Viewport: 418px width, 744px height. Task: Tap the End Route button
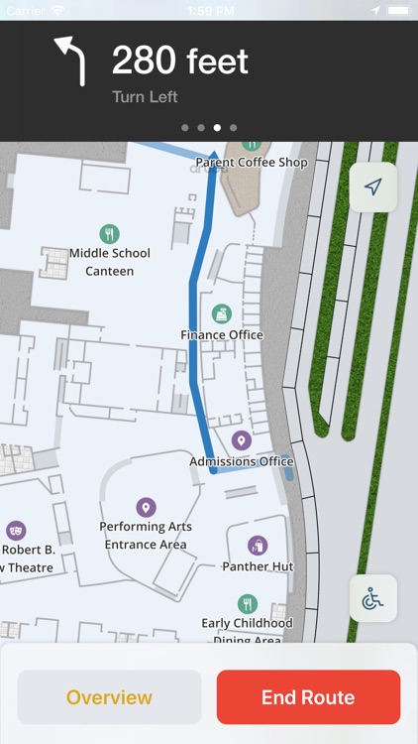pyautogui.click(x=308, y=697)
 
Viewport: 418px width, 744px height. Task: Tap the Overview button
pyautogui.click(x=109, y=697)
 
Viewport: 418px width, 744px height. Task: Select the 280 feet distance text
pyautogui.click(x=179, y=62)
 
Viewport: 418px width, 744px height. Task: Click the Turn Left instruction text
pyautogui.click(x=145, y=97)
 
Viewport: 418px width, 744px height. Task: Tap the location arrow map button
pyautogui.click(x=373, y=186)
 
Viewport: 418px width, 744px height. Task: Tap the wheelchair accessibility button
pyautogui.click(x=373, y=599)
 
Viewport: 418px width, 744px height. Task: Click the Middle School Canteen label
pyautogui.click(x=110, y=262)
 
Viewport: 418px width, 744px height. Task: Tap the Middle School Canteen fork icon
pyautogui.click(x=110, y=234)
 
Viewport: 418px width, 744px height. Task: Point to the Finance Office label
pyautogui.click(x=222, y=335)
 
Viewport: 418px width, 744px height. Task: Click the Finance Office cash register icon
pyautogui.click(x=222, y=314)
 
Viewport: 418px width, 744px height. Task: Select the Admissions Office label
pyautogui.click(x=242, y=461)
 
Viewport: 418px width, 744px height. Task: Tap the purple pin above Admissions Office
pyautogui.click(x=240, y=440)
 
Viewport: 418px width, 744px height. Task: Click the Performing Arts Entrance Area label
pyautogui.click(x=146, y=536)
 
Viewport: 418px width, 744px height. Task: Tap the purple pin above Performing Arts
pyautogui.click(x=146, y=508)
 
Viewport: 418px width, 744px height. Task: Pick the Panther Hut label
pyautogui.click(x=258, y=566)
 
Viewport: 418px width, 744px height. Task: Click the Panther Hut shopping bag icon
pyautogui.click(x=258, y=546)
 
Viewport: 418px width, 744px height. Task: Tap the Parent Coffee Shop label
pyautogui.click(x=252, y=162)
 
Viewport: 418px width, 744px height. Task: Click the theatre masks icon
pyautogui.click(x=15, y=530)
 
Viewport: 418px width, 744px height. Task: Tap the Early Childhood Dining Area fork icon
pyautogui.click(x=248, y=603)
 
